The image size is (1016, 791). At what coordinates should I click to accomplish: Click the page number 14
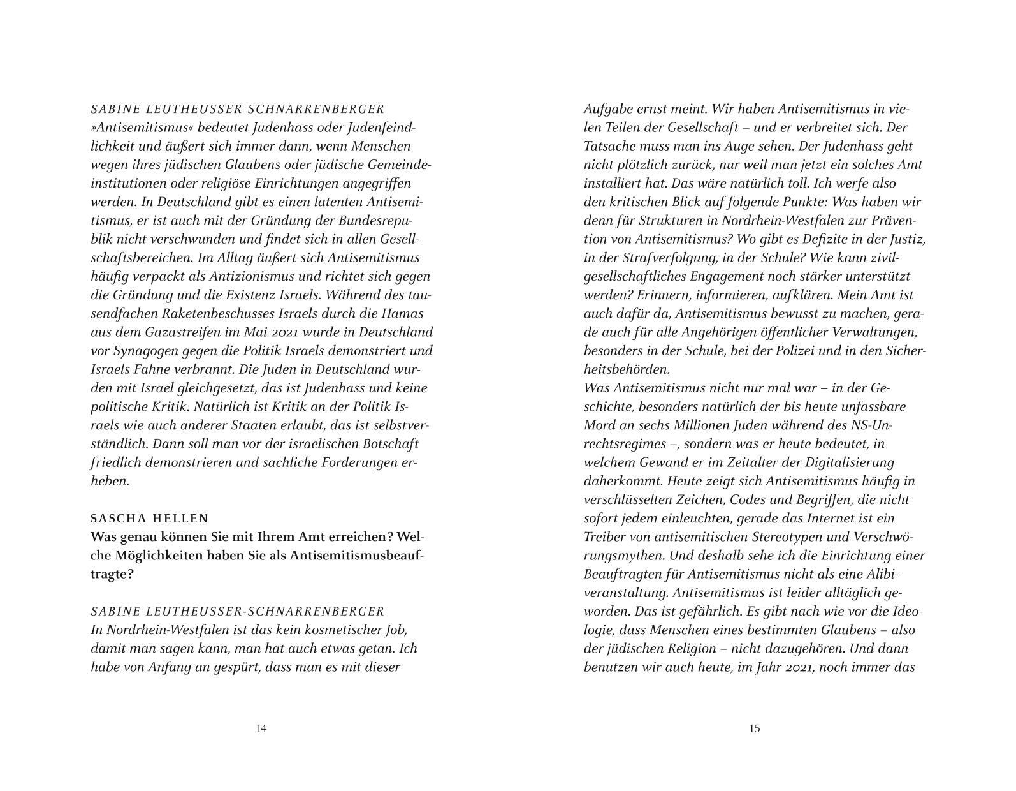[261, 728]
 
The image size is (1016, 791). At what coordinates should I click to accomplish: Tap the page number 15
[755, 728]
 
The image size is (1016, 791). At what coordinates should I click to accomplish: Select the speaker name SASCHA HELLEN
[150, 519]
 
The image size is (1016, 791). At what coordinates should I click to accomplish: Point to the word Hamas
[403, 314]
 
